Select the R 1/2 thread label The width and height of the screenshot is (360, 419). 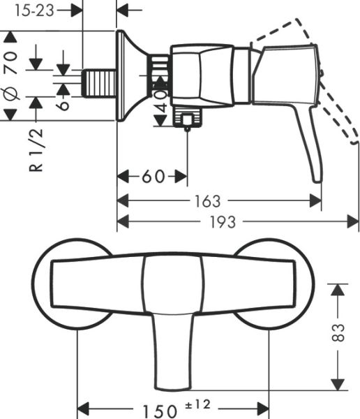tap(38, 149)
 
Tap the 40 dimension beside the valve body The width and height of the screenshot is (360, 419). tap(161, 102)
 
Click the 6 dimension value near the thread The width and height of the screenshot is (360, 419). tap(63, 103)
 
